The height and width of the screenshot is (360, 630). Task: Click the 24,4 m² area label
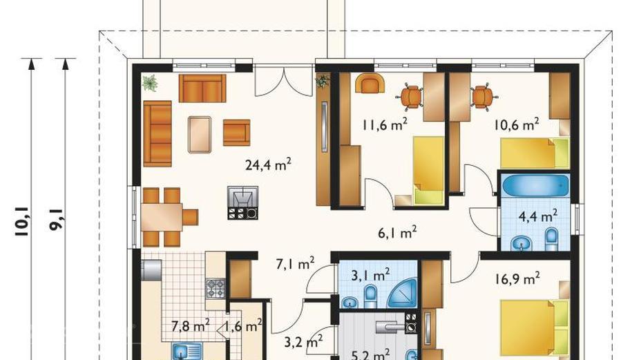[268, 164]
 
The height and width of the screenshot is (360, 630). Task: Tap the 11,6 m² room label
[385, 124]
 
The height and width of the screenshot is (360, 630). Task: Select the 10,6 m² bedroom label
[516, 124]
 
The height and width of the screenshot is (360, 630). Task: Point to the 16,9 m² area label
[517, 278]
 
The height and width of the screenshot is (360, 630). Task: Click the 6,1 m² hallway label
[397, 232]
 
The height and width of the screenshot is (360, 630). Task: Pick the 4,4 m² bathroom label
[538, 216]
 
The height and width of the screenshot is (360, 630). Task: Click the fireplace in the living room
[242, 202]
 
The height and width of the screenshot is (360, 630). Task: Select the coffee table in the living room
[200, 135]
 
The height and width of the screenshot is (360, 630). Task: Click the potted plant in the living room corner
[150, 83]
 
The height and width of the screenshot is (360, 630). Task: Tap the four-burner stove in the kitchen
[216, 288]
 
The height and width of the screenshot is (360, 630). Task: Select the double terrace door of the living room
[285, 80]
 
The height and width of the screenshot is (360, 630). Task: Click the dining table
[162, 217]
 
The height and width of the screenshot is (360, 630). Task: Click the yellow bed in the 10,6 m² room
[535, 153]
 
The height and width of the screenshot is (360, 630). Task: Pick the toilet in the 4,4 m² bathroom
[552, 239]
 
